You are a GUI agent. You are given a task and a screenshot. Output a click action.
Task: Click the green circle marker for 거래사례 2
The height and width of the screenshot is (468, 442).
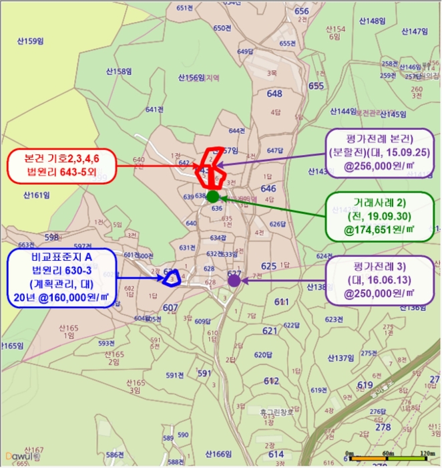(212, 197)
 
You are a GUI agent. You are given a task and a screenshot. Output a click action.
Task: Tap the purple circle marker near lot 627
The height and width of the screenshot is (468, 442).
(234, 280)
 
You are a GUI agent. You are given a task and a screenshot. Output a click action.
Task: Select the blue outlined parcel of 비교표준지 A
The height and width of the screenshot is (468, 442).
(172, 277)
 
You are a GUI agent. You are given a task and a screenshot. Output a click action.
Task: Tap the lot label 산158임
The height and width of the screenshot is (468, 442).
(118, 70)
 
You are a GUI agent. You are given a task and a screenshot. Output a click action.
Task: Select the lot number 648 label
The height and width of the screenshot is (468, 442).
(274, 94)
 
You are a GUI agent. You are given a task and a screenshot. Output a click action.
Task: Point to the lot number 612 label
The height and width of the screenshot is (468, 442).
(270, 381)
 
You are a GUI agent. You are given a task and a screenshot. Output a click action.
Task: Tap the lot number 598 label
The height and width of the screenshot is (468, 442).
(51, 237)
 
